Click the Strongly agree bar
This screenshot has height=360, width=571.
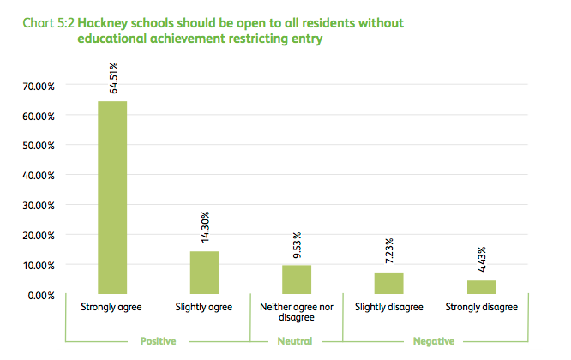[112, 198]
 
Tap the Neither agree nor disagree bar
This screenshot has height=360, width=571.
[297, 279]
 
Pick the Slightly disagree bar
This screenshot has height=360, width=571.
[388, 283]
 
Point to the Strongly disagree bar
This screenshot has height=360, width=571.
[481, 287]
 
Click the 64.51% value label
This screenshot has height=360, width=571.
[113, 77]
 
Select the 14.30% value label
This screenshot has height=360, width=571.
[205, 228]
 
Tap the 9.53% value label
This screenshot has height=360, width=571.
[297, 243]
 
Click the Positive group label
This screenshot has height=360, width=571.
[158, 341]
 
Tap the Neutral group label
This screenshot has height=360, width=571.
[296, 341]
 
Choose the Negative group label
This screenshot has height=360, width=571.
[433, 341]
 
